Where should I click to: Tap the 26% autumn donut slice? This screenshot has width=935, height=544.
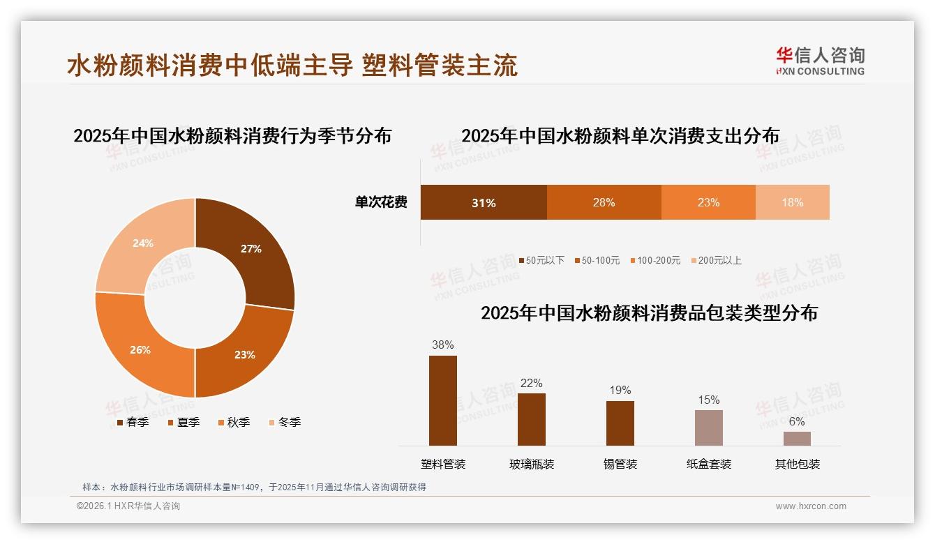(x=140, y=349)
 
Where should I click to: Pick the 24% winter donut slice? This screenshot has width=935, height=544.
(x=142, y=243)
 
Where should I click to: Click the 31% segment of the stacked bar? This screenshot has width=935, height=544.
(x=484, y=202)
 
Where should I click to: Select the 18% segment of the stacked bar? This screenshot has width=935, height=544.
(x=792, y=202)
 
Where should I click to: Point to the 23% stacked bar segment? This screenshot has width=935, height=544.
(x=708, y=202)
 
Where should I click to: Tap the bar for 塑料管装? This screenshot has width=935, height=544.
(x=443, y=400)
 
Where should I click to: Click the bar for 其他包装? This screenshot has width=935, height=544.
(x=797, y=438)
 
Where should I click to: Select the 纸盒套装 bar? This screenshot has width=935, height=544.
(x=709, y=428)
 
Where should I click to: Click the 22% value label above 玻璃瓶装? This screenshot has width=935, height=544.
(x=531, y=383)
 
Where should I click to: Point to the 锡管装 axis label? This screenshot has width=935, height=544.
(x=620, y=464)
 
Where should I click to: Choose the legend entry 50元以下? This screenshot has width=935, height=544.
(x=541, y=260)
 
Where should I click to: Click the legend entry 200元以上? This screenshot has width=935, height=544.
(x=716, y=260)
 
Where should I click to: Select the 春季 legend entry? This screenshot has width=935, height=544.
(x=133, y=422)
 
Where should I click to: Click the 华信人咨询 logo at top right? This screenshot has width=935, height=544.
(x=820, y=61)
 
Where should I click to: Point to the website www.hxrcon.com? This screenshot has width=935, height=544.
(x=811, y=506)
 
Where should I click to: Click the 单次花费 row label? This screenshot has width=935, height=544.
(x=381, y=202)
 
